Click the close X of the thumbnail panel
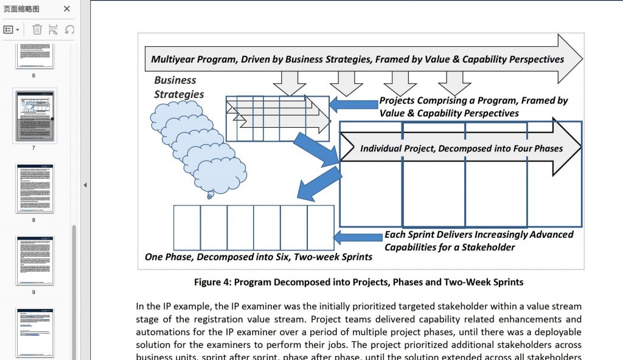tap(67, 9)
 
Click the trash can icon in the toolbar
tap(37, 29)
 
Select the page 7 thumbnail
tap(35, 116)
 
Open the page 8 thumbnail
tap(35, 188)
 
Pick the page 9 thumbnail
tap(35, 260)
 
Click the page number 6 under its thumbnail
tap(33, 76)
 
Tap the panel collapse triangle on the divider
tap(85, 185)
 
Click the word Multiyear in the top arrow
tap(173, 60)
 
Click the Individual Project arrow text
tap(461, 148)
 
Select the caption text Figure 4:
tap(212, 282)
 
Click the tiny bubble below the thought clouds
tap(211, 195)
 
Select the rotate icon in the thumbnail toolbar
tap(69, 29)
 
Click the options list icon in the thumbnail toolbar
tap(12, 29)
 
